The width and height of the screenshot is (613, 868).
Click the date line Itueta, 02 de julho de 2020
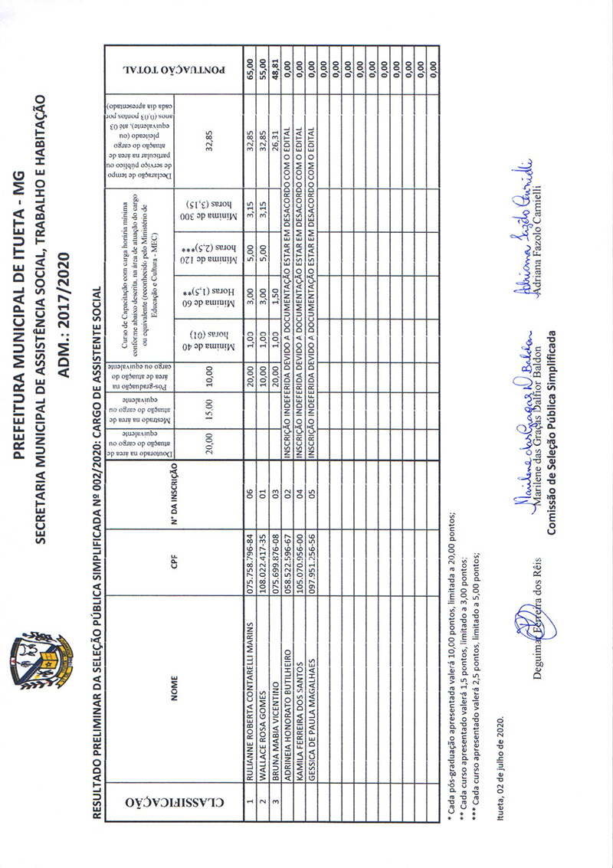[502, 768]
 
